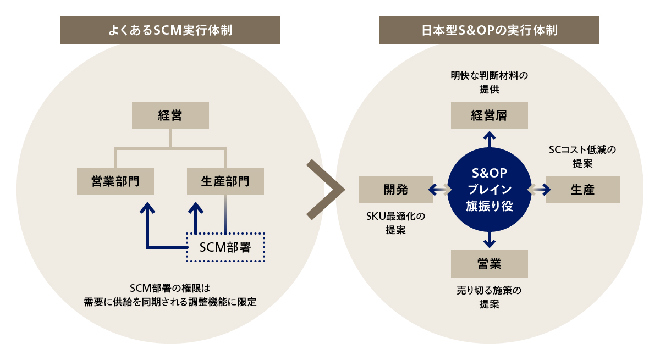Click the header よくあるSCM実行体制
pos(170,30)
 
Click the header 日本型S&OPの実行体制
pos(489,30)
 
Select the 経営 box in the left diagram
pos(170,115)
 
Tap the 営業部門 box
pos(115,181)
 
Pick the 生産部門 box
pos(226,181)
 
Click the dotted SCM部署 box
pos(226,247)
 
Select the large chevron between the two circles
pos(324,190)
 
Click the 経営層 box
pos(489,115)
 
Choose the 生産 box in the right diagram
pos(582,190)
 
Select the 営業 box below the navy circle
pos(489,263)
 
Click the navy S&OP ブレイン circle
pos(489,190)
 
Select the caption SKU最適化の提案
pos(395,223)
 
